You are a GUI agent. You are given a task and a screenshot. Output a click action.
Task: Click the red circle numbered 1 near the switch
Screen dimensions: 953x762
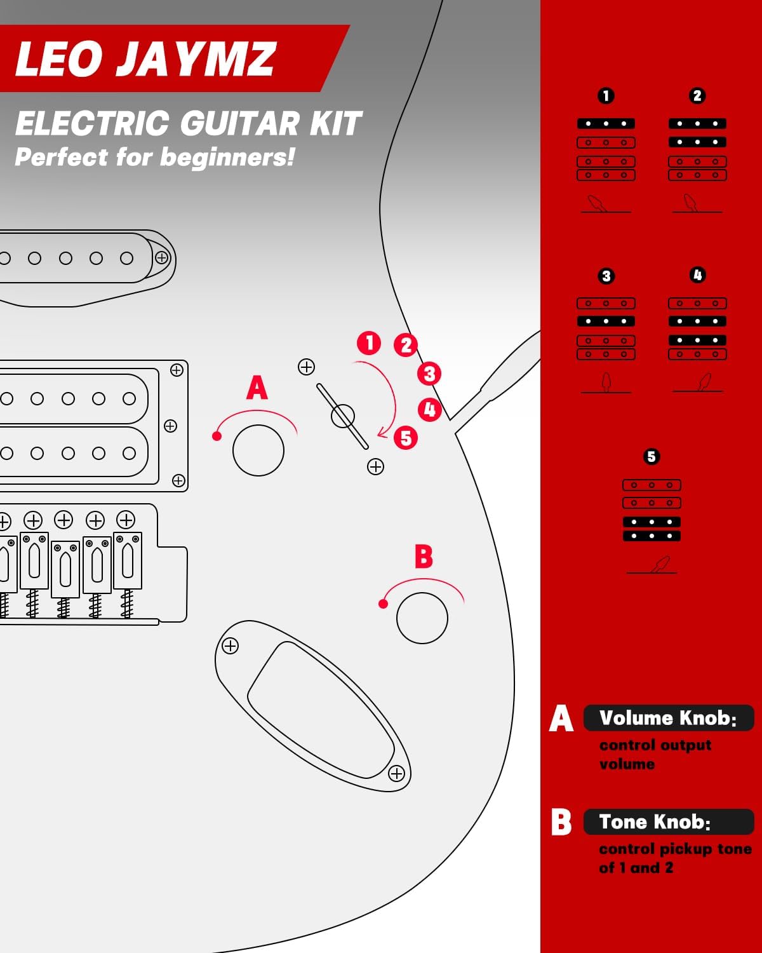[369, 343]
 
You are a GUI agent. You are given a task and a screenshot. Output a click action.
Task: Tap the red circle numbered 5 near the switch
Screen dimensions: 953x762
[406, 438]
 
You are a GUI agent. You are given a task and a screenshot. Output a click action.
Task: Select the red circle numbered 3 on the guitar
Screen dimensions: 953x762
[429, 374]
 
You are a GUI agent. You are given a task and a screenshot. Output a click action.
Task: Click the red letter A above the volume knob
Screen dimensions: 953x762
[257, 388]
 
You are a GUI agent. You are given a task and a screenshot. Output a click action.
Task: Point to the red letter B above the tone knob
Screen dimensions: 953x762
[424, 557]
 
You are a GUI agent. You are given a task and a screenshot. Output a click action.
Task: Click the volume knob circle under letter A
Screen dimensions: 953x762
[258, 450]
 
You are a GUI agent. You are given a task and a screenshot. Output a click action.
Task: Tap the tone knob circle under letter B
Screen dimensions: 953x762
[422, 618]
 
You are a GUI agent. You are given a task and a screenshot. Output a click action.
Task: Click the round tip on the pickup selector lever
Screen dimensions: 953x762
[343, 416]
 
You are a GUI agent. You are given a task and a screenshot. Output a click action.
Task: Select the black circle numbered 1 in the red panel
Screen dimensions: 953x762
[606, 96]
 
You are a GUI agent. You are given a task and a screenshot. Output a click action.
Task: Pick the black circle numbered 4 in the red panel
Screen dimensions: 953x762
[697, 275]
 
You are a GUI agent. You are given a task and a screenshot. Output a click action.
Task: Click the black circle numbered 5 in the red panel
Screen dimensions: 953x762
[651, 457]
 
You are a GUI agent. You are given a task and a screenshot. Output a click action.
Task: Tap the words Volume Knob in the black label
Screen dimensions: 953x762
[667, 718]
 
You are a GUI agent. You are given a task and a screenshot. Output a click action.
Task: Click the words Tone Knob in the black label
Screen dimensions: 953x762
[655, 822]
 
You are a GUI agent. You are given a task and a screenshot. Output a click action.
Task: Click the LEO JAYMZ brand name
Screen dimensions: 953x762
[145, 59]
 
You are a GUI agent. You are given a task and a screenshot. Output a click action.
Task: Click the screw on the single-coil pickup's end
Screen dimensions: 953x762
[162, 258]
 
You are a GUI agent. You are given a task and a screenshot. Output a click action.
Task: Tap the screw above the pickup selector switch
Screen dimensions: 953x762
[306, 367]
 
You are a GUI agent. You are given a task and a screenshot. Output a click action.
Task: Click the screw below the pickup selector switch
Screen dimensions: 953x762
[375, 467]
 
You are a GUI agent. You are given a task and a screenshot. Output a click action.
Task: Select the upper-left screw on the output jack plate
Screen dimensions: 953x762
[230, 646]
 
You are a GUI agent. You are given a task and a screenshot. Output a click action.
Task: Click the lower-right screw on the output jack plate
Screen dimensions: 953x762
[396, 773]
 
